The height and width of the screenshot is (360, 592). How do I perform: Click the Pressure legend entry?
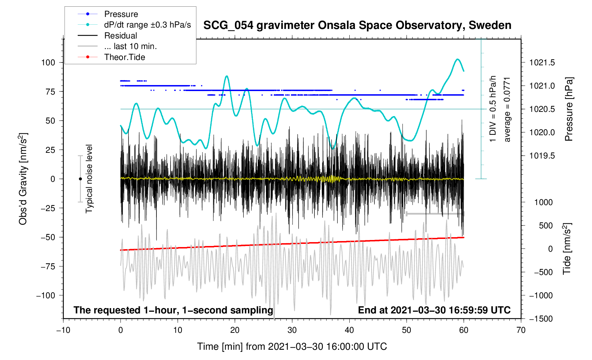[x=121, y=14]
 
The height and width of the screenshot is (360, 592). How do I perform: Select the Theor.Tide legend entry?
[x=124, y=57]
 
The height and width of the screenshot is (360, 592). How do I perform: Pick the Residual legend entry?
[x=120, y=36]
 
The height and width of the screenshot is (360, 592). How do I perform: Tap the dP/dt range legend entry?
[x=147, y=25]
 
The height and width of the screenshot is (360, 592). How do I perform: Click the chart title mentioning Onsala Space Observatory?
[x=357, y=25]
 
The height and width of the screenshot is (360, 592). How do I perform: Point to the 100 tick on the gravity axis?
[x=48, y=63]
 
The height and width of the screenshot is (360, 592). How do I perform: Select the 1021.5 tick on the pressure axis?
[x=542, y=63]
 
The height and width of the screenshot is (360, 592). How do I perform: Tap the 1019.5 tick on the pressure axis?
[x=542, y=156]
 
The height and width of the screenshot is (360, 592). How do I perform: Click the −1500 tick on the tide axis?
[x=540, y=319]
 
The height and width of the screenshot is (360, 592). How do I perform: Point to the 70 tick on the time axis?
[x=521, y=330]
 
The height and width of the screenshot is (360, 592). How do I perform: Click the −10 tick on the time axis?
[x=63, y=330]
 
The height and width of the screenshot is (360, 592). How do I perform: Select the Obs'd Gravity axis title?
[x=23, y=179]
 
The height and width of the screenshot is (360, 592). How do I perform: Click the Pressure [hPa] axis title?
[x=568, y=109]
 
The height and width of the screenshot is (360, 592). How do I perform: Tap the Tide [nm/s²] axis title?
[x=567, y=249]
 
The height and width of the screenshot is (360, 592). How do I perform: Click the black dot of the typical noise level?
[x=80, y=179]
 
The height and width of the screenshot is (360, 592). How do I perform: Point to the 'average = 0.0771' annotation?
[x=507, y=109]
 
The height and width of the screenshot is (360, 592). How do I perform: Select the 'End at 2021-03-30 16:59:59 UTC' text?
[x=434, y=310]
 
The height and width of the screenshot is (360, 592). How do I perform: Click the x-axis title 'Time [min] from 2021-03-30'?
[x=292, y=347]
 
